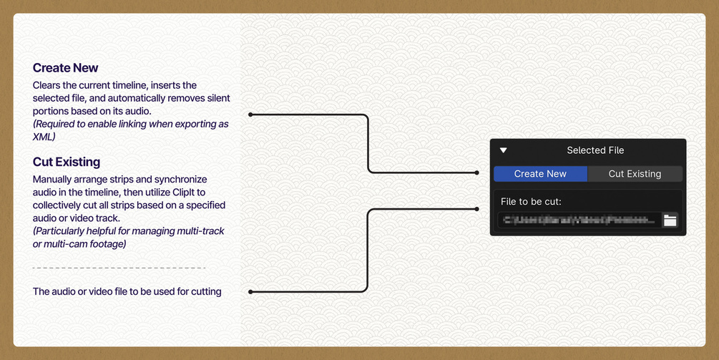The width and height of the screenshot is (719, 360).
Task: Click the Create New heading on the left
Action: pyautogui.click(x=65, y=68)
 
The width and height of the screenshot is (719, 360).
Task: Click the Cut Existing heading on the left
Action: pyautogui.click(x=67, y=162)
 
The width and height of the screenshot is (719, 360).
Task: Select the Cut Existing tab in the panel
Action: pyautogui.click(x=635, y=174)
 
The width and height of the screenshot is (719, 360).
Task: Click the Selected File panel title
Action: pyautogui.click(x=595, y=150)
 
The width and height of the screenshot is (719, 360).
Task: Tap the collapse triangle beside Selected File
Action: pyautogui.click(x=504, y=150)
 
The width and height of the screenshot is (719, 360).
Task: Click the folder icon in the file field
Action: pyautogui.click(x=670, y=220)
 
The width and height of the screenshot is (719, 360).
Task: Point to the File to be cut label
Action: pyautogui.click(x=531, y=202)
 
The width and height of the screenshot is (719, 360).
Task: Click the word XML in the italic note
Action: pyautogui.click(x=44, y=137)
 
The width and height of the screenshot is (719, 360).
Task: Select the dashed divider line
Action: pyautogui.click(x=119, y=268)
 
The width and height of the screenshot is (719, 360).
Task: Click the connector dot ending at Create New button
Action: pyautogui.click(x=477, y=172)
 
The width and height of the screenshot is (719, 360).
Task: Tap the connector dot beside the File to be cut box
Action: pyautogui.click(x=477, y=209)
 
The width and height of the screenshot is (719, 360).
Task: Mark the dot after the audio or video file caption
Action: pyautogui.click(x=250, y=292)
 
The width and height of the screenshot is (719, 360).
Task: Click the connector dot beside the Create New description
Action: pyautogui.click(x=250, y=115)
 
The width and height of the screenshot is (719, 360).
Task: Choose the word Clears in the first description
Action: pyautogui.click(x=47, y=85)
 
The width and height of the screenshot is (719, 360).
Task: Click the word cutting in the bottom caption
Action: pyautogui.click(x=205, y=292)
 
